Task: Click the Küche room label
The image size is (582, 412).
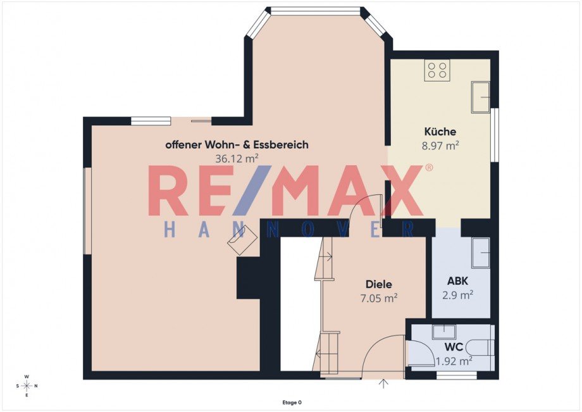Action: [x=440, y=132]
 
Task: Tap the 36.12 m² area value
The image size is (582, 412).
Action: [x=237, y=159]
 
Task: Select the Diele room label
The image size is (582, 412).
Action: [x=378, y=284]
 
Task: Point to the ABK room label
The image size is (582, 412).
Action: [x=457, y=281]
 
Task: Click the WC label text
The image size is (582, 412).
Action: [x=454, y=347]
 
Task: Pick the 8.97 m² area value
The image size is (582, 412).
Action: [x=440, y=146]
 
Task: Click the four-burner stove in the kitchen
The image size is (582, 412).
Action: [x=437, y=70]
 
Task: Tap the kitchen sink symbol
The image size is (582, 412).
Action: [x=481, y=97]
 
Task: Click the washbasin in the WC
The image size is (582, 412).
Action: [x=444, y=332]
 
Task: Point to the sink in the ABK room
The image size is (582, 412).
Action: [x=481, y=253]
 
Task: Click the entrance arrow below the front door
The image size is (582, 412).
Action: [x=383, y=384]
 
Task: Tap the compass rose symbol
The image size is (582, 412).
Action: [x=27, y=386]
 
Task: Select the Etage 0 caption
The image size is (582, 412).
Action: [x=292, y=403]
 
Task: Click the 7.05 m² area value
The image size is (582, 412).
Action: [x=378, y=298]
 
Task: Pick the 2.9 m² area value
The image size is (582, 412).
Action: [x=457, y=295]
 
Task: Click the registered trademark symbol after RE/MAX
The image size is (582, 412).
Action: [x=429, y=168]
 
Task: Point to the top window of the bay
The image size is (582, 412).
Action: [x=316, y=11]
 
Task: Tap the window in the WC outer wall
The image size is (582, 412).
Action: [x=457, y=376]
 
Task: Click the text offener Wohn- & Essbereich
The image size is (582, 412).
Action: [x=237, y=145]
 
